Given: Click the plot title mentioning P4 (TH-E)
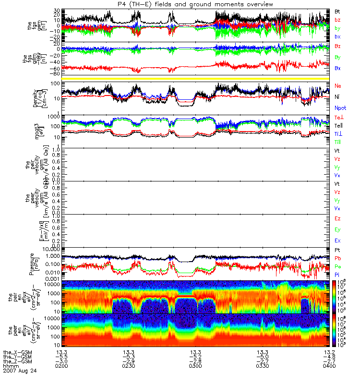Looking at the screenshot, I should [x=195, y=4].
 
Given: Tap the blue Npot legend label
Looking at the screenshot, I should [x=340, y=108].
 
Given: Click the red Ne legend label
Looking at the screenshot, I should [x=338, y=86].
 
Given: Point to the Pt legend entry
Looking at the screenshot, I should [x=338, y=251].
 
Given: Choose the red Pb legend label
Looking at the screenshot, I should [x=338, y=258].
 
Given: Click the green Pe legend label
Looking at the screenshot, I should [x=338, y=266].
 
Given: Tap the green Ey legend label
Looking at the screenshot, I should [x=338, y=229].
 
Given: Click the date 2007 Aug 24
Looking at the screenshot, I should [x=20, y=371].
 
